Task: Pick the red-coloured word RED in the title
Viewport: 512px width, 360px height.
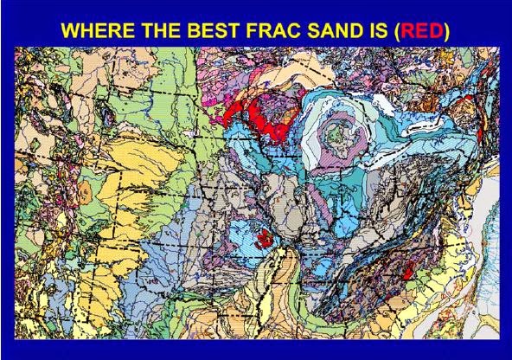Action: (x=417, y=29)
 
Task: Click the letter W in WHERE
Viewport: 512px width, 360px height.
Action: (x=71, y=29)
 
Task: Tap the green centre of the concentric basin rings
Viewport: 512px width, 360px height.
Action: (x=332, y=137)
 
